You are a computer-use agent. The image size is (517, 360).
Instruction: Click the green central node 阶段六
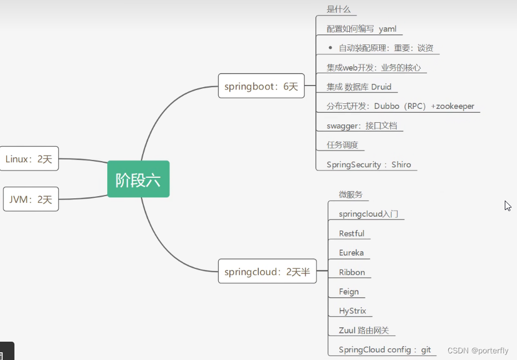[138, 179]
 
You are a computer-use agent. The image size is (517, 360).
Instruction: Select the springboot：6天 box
[261, 86]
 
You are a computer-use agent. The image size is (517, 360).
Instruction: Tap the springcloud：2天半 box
[267, 272]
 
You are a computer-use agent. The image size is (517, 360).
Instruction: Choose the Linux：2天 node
[29, 159]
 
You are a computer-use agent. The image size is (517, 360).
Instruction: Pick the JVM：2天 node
[31, 199]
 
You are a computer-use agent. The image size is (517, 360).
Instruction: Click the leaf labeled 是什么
[339, 9]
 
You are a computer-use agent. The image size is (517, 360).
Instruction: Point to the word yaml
[387, 29]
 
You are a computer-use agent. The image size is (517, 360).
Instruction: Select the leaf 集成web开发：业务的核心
[373, 68]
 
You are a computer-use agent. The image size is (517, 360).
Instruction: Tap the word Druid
[382, 87]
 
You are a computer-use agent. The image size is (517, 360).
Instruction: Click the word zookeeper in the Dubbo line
[455, 106]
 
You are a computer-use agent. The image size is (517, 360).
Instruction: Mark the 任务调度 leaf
[342, 145]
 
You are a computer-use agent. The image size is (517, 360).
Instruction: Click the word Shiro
[401, 164]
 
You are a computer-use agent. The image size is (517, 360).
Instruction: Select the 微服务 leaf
[350, 194]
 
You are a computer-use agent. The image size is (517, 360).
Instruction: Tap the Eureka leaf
[351, 253]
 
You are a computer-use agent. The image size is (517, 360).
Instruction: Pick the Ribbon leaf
[352, 272]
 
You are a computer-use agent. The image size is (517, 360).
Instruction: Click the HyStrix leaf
[352, 311]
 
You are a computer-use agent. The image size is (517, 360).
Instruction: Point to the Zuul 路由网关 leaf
[364, 331]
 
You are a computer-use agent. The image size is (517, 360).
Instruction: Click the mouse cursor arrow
[507, 205]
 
